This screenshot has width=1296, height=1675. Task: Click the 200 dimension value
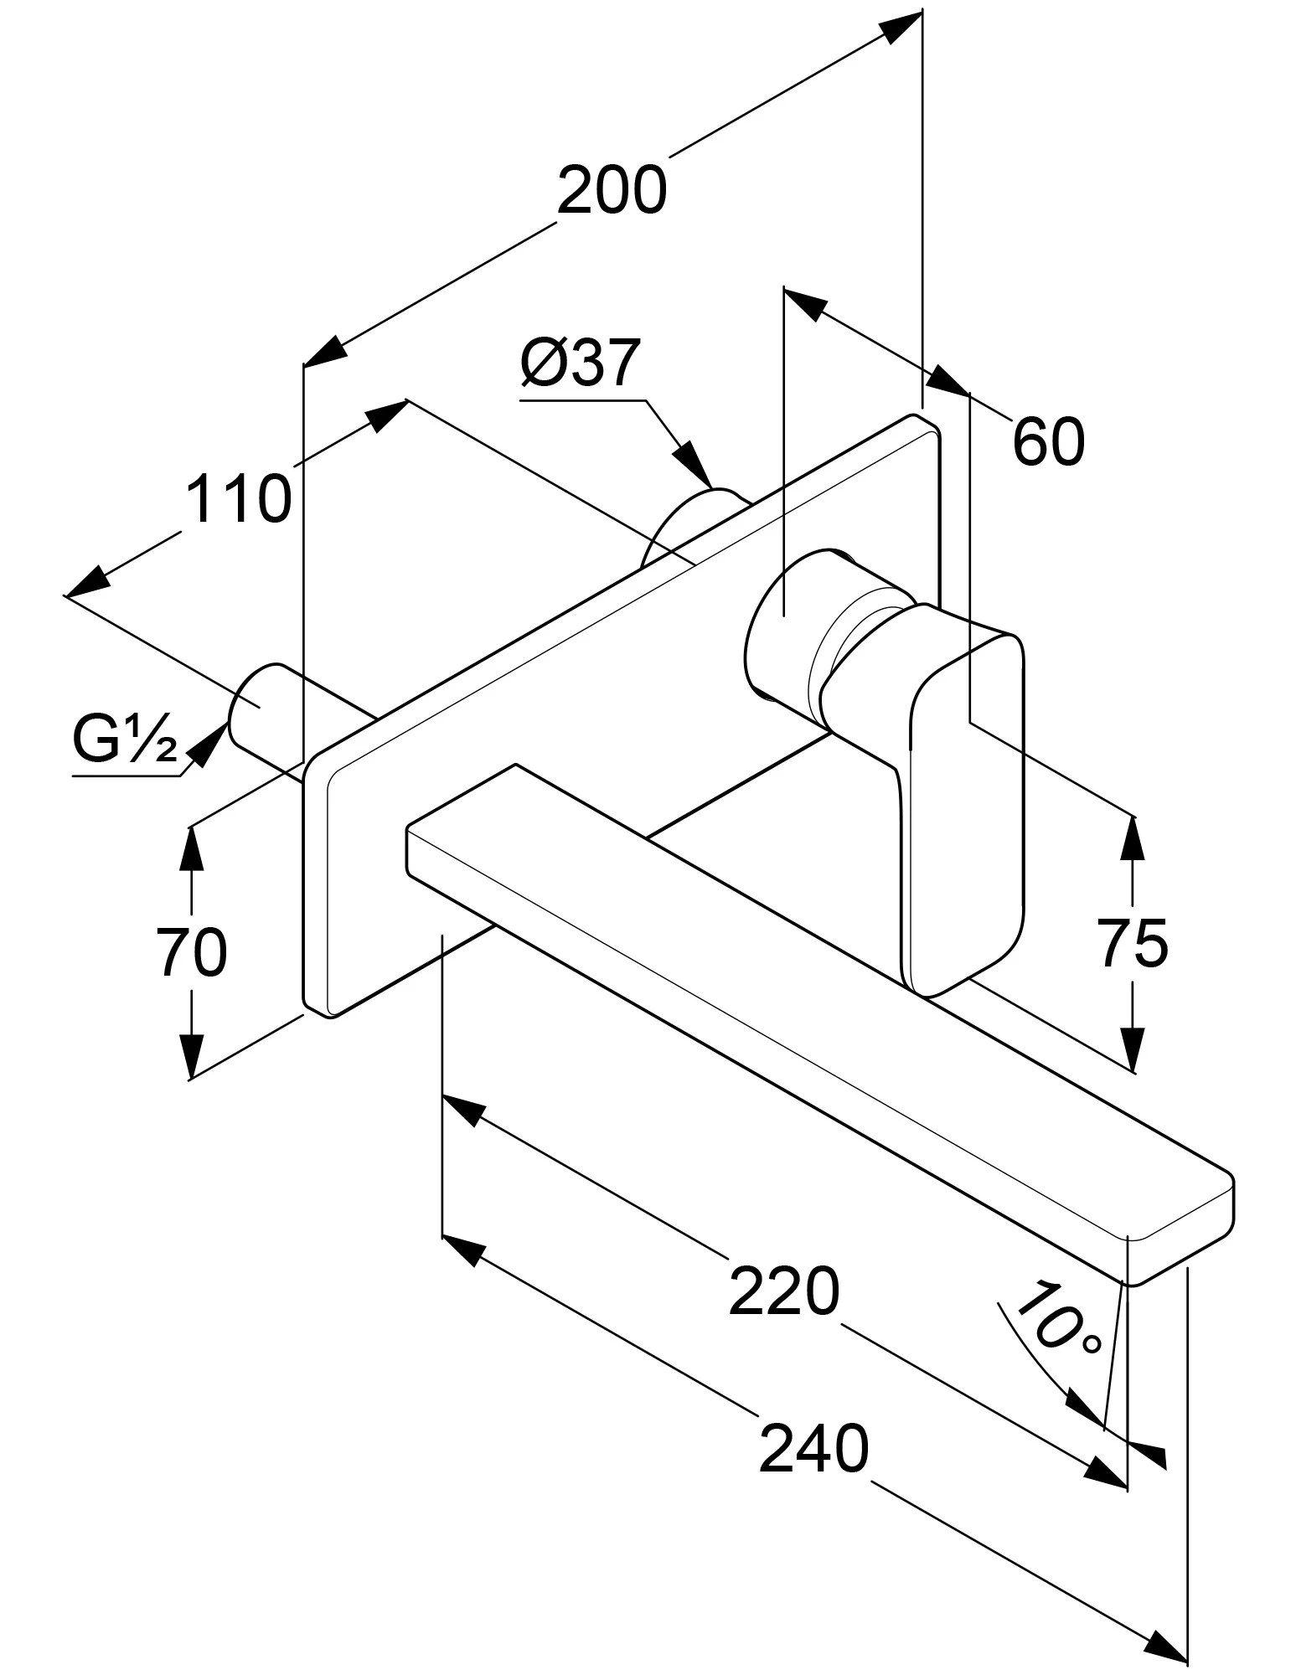[x=612, y=191]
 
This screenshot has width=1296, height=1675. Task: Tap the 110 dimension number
[x=238, y=498]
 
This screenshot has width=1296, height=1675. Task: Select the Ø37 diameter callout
[x=580, y=363]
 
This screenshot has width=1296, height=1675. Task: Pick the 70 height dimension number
[x=192, y=951]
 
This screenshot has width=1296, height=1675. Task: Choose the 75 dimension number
[x=1133, y=943]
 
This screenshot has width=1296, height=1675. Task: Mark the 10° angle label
[x=1052, y=1317]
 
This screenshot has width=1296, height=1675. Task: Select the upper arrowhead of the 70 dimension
[x=192, y=851]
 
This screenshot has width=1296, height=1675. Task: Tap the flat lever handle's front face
[x=963, y=796]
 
